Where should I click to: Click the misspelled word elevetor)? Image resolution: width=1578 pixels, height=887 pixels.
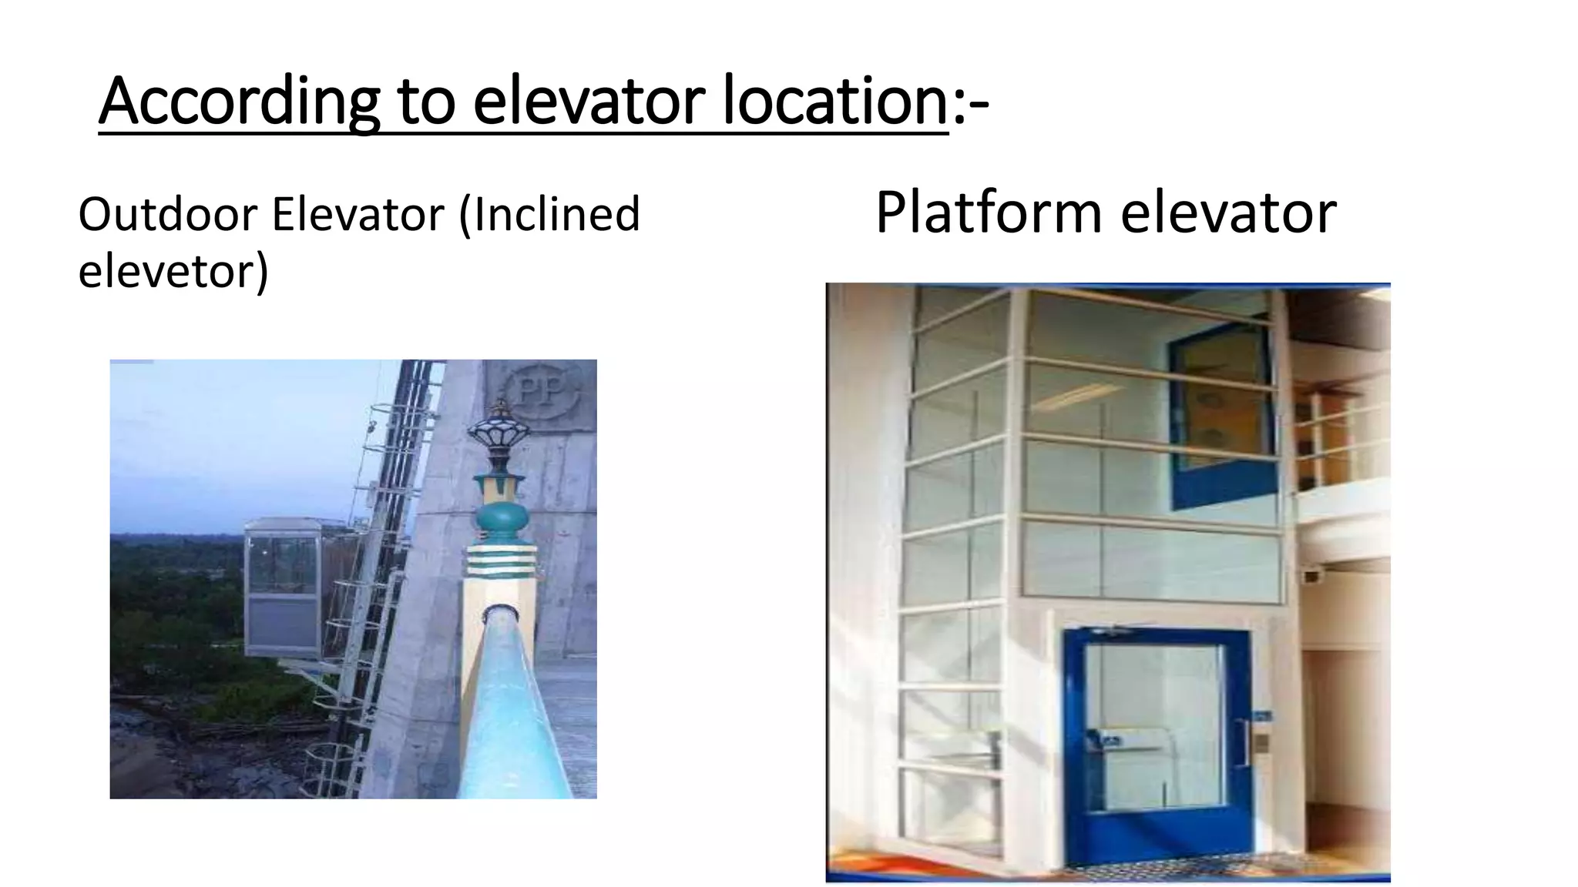[173, 271]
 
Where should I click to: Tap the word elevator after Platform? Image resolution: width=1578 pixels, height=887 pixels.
[1228, 213]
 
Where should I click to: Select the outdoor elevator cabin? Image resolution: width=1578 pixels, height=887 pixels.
[283, 585]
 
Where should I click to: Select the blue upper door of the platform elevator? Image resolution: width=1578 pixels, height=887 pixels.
[1220, 416]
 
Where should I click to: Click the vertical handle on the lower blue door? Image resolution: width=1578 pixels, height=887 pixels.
[1245, 743]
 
